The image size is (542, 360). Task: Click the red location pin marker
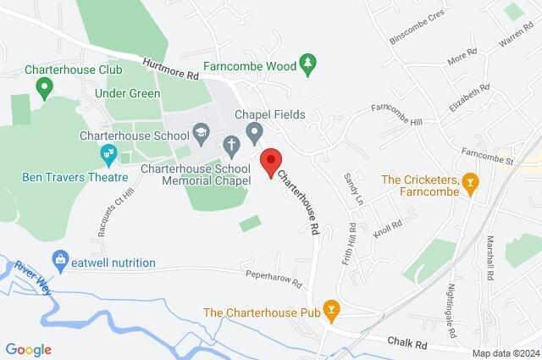click(x=270, y=161)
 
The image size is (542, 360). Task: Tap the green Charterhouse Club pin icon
click(x=45, y=86)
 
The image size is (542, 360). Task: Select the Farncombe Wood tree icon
click(x=309, y=64)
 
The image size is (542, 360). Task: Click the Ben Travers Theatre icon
click(x=108, y=155)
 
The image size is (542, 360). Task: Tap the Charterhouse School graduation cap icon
click(x=202, y=131)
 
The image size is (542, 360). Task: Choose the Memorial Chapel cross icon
click(x=231, y=147)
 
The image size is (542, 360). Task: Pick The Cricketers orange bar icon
click(x=472, y=182)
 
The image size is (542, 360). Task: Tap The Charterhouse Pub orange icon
click(x=332, y=313)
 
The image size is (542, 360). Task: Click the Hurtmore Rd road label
click(x=170, y=69)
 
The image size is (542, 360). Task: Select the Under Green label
click(x=127, y=93)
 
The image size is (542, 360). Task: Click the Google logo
click(x=28, y=349)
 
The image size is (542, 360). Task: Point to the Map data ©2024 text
click(x=505, y=353)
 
